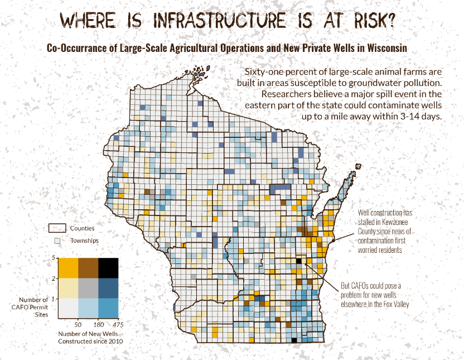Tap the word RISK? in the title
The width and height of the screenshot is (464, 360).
point(372,21)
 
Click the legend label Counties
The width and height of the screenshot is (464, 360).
point(82,228)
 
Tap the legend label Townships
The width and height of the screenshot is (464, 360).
point(84,241)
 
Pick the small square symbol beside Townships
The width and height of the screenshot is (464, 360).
point(56,241)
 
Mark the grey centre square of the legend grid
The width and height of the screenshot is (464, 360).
point(88,287)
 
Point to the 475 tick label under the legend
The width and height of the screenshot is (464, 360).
point(117,324)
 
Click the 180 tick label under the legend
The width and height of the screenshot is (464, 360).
point(98,324)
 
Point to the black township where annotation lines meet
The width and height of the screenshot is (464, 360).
point(298,261)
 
